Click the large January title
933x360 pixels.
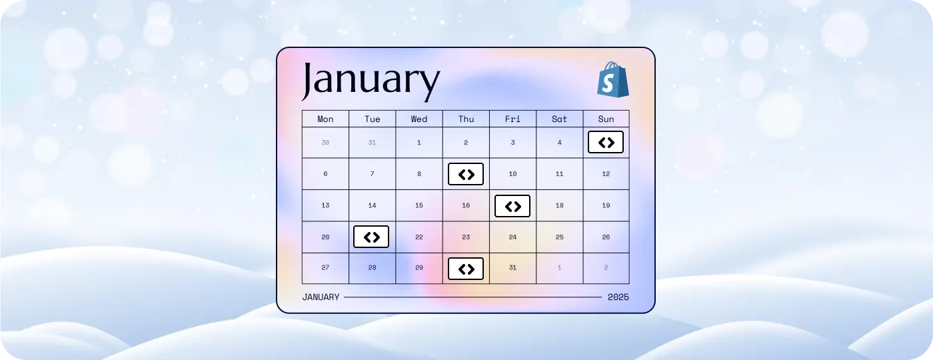pyautogui.click(x=371, y=81)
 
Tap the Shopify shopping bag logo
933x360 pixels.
pyautogui.click(x=612, y=79)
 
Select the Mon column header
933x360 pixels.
pyautogui.click(x=325, y=119)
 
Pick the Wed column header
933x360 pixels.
pyautogui.click(x=419, y=119)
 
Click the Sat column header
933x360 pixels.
pyautogui.click(x=559, y=119)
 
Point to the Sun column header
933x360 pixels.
pyautogui.click(x=606, y=119)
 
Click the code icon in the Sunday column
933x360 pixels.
pyautogui.click(x=606, y=142)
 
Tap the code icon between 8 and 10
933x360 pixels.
pyautogui.click(x=466, y=174)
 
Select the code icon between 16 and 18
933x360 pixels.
pyautogui.click(x=512, y=206)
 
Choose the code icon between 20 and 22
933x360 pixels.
pyautogui.click(x=371, y=237)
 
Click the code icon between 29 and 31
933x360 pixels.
pyautogui.click(x=466, y=269)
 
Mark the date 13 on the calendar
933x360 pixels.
pyautogui.click(x=325, y=205)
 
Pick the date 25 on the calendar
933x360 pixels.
pyautogui.click(x=559, y=237)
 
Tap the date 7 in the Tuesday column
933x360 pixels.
pyautogui.click(x=373, y=174)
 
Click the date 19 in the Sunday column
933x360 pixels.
pyautogui.click(x=606, y=205)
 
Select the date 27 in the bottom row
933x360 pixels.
pyautogui.click(x=325, y=267)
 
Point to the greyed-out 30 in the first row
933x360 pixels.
pyautogui.click(x=325, y=143)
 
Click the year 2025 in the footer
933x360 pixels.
pyautogui.click(x=618, y=297)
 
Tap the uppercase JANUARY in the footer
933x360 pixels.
pyautogui.click(x=321, y=297)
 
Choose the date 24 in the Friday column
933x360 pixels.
pyautogui.click(x=512, y=237)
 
